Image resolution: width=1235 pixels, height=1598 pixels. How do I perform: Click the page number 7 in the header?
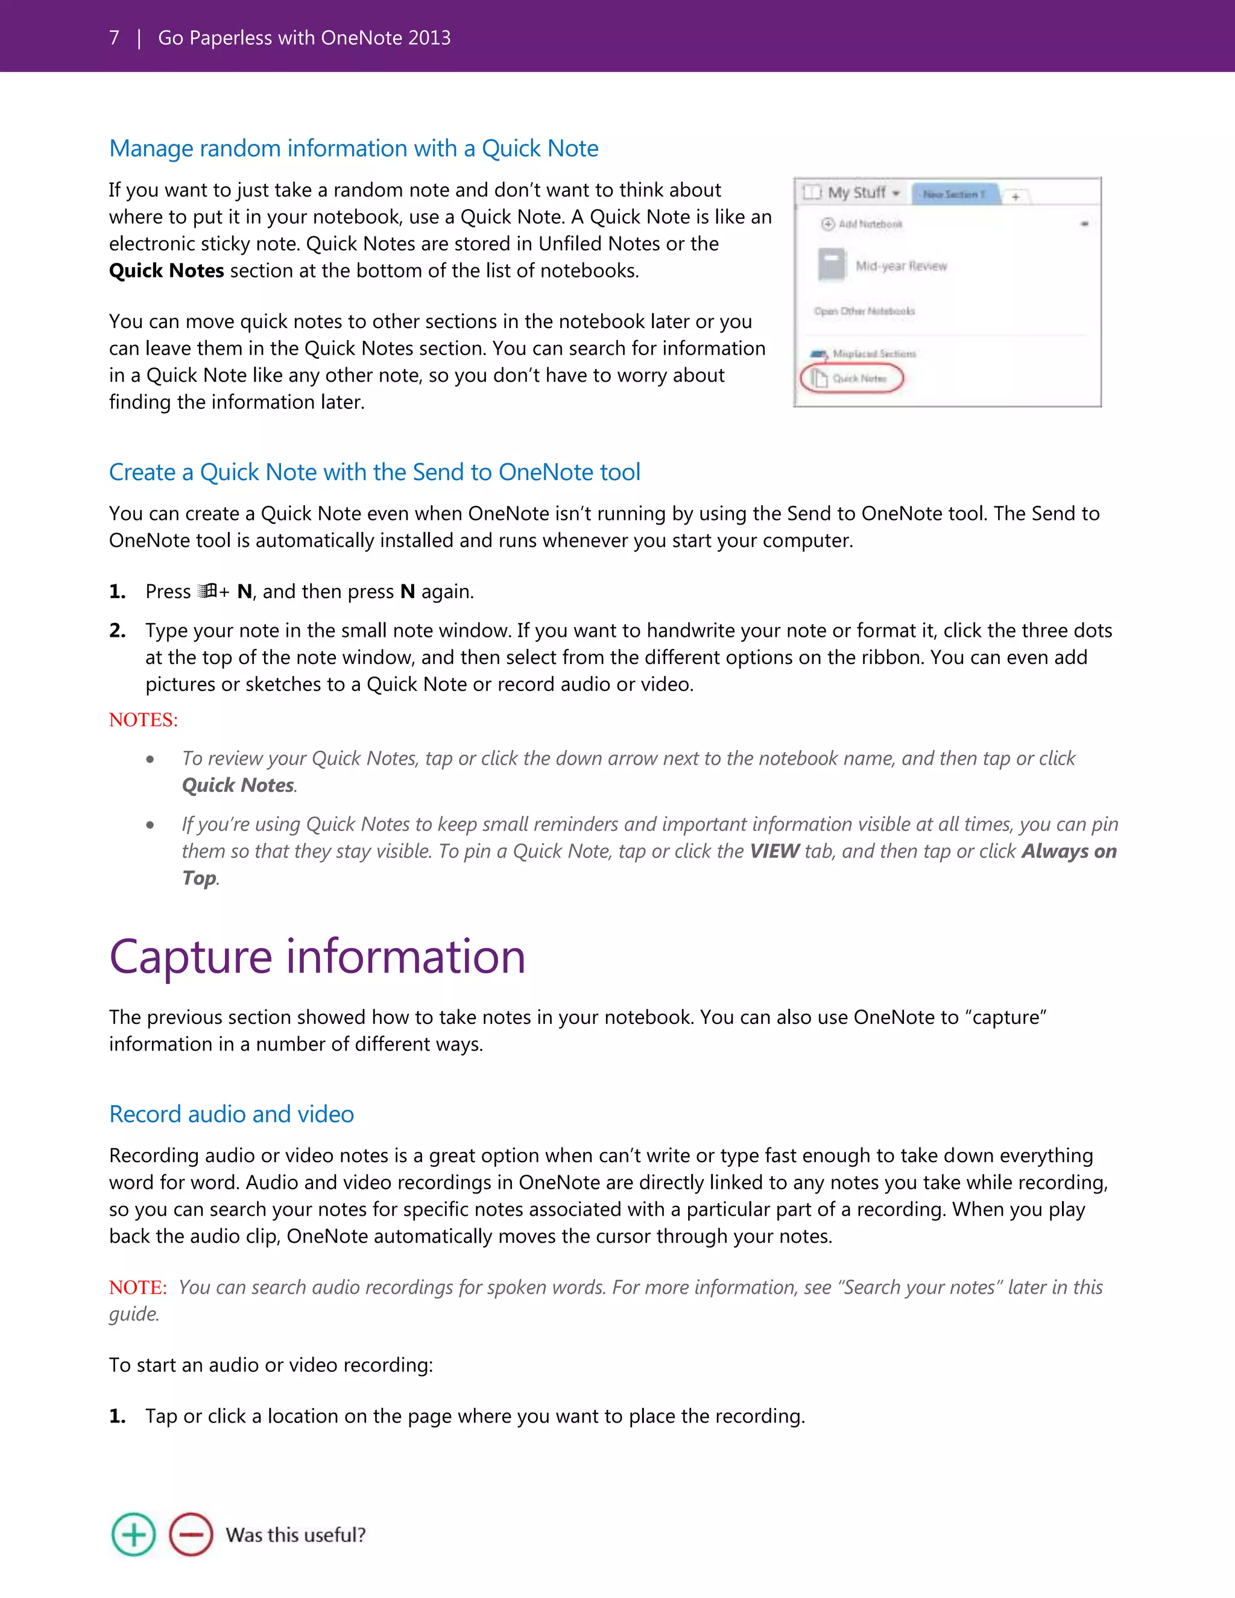click(x=114, y=38)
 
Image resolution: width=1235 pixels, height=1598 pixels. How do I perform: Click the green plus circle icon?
click(x=133, y=1534)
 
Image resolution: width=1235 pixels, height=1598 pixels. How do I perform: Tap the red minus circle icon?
click(x=191, y=1534)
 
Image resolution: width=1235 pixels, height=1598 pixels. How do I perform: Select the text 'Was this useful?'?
click(x=295, y=1534)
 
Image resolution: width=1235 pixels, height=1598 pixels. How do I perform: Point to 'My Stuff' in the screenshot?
click(x=857, y=192)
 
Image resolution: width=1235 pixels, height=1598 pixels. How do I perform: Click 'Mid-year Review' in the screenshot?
click(x=902, y=267)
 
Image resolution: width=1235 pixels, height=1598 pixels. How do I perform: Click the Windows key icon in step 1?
click(x=209, y=591)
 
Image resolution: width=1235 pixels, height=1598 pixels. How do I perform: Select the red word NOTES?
click(x=144, y=720)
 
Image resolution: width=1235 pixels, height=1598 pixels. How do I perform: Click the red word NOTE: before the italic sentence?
click(x=137, y=1287)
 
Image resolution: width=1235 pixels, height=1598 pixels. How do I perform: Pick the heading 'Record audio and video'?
click(x=231, y=1114)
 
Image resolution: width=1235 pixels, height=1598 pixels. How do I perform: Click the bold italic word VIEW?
click(x=774, y=851)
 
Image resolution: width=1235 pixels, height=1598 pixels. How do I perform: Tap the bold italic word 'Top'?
click(x=199, y=878)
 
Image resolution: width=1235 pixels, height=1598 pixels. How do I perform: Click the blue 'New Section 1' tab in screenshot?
click(x=953, y=194)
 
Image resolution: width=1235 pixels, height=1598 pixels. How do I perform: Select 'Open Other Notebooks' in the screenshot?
click(x=864, y=311)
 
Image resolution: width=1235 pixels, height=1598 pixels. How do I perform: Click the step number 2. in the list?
click(x=117, y=631)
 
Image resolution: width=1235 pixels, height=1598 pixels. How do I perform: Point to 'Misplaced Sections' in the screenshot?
click(x=874, y=353)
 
